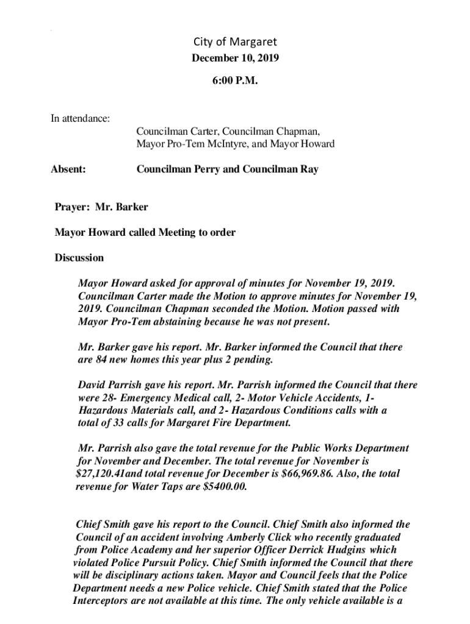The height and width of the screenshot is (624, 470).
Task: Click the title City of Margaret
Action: coord(235,42)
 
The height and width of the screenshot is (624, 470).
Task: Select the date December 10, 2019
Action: coord(235,58)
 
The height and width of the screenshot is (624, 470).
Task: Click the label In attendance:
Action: coord(80,118)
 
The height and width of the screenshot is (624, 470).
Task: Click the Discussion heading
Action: coord(79,257)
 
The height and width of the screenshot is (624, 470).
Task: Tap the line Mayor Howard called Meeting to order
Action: coord(145,232)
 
